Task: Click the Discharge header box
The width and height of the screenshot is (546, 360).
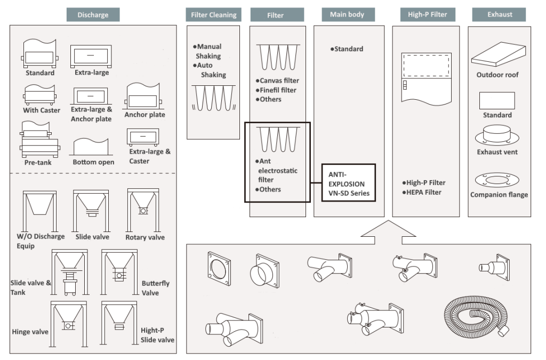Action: [x=93, y=14]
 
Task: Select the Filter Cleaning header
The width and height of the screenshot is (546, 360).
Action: [x=213, y=15]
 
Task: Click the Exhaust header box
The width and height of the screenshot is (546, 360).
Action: [x=499, y=15]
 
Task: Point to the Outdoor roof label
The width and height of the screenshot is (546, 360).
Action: [x=497, y=75]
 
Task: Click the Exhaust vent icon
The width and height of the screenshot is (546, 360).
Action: [x=497, y=135]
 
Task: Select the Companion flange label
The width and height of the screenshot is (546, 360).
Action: [x=499, y=195]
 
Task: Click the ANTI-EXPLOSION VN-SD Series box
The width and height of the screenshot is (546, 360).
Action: [x=349, y=183]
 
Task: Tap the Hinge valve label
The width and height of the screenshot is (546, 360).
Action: [x=30, y=332]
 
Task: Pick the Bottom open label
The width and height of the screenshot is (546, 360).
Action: [x=94, y=162]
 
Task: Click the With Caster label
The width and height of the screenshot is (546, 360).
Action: [x=42, y=110]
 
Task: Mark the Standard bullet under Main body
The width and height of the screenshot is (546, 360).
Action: [x=348, y=49]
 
